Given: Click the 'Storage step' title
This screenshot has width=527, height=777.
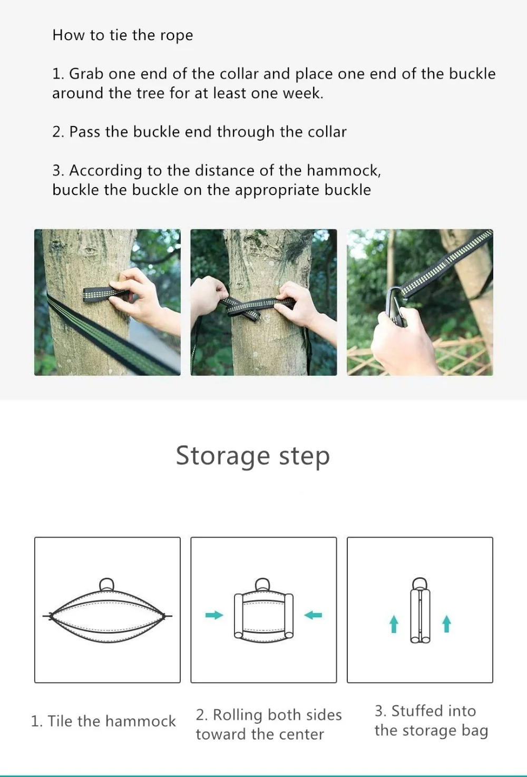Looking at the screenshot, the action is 253,456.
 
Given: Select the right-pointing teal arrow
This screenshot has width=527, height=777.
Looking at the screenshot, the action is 214,615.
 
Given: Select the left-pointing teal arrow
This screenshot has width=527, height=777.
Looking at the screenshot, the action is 313,615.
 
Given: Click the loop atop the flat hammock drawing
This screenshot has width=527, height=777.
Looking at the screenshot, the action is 107,585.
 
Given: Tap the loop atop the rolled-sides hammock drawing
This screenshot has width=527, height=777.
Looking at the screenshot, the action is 263,585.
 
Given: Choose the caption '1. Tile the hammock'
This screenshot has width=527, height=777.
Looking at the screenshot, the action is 103,721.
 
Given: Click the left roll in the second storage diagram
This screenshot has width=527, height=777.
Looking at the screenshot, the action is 239,616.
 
